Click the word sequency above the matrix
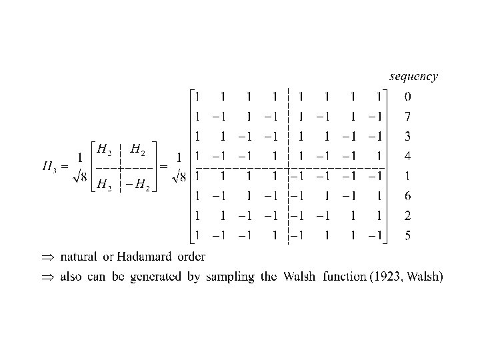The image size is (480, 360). tap(413, 77)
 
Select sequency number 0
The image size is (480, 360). tap(407, 97)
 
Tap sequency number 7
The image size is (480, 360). tap(407, 117)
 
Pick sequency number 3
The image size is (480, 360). tap(407, 137)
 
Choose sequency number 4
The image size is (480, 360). tap(407, 157)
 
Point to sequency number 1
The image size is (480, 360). tap(407, 176)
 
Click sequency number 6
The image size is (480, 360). tap(407, 196)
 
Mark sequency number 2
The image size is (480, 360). tap(407, 215)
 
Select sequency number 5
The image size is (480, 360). tap(407, 235)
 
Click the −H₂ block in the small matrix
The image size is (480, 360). tap(138, 185)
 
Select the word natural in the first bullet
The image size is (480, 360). tap(79, 257)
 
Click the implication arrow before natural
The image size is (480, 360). tap(46, 257)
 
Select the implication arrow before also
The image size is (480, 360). tap(46, 277)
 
